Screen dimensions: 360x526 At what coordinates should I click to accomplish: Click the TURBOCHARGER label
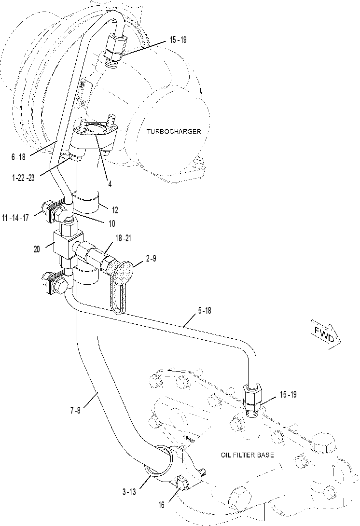(x=174, y=131)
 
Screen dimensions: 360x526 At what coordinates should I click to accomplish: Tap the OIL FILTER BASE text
(x=247, y=455)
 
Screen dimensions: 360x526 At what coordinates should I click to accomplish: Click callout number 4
(x=110, y=184)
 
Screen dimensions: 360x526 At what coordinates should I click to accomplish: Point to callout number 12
(x=115, y=210)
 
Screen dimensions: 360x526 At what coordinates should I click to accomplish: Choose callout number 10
(x=112, y=223)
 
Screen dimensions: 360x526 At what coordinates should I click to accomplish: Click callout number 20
(x=37, y=249)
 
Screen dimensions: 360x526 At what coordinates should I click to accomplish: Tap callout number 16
(x=161, y=505)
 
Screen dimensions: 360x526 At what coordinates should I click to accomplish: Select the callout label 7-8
(x=75, y=410)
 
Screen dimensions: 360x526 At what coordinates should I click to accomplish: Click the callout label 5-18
(x=205, y=311)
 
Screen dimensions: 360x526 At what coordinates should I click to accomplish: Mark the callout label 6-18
(x=18, y=157)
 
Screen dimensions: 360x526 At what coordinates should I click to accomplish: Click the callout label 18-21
(x=123, y=238)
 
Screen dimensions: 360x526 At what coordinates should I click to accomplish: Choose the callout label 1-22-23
(x=23, y=178)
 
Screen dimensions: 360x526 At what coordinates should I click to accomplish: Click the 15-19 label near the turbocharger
(x=178, y=40)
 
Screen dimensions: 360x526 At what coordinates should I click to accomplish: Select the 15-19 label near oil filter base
(x=288, y=395)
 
